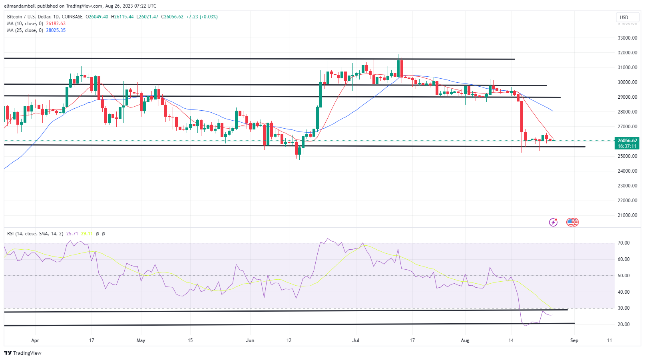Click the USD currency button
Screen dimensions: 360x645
point(624,17)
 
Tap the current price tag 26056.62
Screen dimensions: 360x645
point(627,141)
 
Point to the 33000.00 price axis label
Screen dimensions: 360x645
point(627,38)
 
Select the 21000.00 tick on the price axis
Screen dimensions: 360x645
point(627,215)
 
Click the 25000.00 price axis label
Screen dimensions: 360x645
point(627,156)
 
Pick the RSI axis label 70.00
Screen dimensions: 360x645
point(623,243)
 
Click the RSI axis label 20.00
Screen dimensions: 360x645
point(623,324)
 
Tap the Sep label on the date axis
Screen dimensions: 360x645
point(574,340)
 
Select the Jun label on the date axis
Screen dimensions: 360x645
point(250,340)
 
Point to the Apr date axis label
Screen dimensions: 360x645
point(35,340)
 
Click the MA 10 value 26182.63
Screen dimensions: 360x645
point(56,24)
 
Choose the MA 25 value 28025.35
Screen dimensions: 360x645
point(56,30)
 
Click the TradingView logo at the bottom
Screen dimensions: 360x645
point(23,353)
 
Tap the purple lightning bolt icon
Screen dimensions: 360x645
point(553,222)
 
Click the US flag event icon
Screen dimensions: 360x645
point(572,222)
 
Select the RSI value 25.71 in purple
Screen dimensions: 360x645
point(72,234)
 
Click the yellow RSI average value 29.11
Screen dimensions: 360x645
point(87,234)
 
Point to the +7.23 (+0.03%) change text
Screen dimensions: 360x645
point(202,17)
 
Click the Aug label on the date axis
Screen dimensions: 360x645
point(465,340)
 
